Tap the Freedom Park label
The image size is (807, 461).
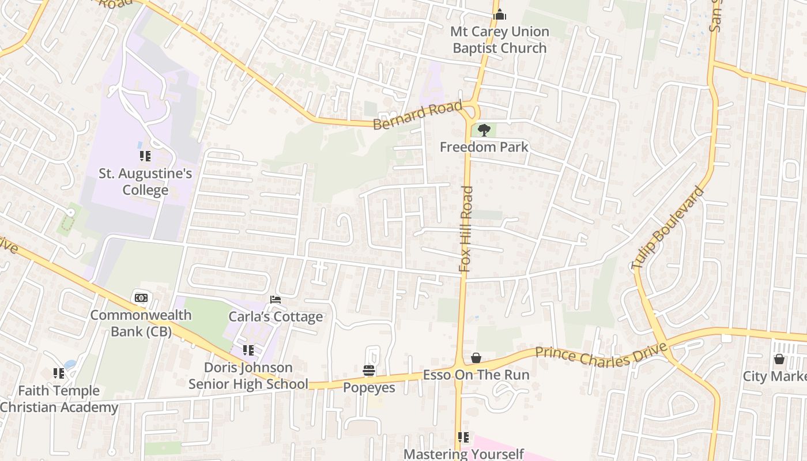(x=484, y=147)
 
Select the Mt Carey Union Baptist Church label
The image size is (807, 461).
(x=500, y=40)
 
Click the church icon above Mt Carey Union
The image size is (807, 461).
(x=500, y=14)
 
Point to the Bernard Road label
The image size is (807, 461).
(x=417, y=115)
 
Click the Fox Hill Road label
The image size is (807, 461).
(x=466, y=229)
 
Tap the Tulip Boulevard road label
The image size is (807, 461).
(x=668, y=228)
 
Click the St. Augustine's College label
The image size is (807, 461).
(x=145, y=182)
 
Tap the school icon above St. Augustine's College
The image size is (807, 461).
(x=145, y=156)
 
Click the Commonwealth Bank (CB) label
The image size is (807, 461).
(x=141, y=323)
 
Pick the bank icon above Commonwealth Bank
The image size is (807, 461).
(x=141, y=298)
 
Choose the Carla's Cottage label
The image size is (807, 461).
(x=276, y=317)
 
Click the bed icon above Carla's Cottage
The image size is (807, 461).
(x=276, y=300)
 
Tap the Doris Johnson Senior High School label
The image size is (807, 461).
(x=248, y=376)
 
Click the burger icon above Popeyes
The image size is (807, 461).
(x=369, y=370)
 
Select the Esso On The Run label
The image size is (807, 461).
(x=476, y=375)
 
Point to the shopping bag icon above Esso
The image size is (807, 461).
(x=476, y=358)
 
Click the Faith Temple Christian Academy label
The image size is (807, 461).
(x=59, y=399)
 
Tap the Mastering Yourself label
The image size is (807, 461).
(x=463, y=454)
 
